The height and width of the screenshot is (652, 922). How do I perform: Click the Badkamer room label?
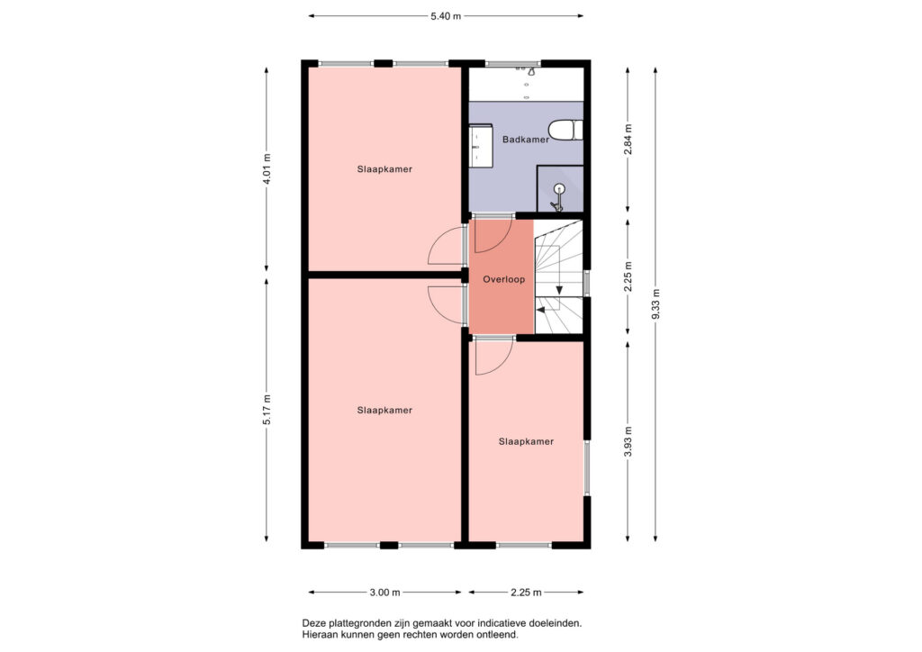point(526,140)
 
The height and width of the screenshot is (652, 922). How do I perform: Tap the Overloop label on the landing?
point(504,279)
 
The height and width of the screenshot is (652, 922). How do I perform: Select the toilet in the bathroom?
point(565,131)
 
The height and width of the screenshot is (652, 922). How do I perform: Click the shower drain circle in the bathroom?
point(558,189)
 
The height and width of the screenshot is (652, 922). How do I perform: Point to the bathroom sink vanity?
point(481,146)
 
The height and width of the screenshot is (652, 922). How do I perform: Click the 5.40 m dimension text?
point(446,16)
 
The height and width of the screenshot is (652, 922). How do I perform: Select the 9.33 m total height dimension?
point(656,304)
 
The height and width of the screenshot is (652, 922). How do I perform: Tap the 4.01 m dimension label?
point(267,169)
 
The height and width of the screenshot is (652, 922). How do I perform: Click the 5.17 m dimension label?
point(267,410)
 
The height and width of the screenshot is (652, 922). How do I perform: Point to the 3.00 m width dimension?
point(385,593)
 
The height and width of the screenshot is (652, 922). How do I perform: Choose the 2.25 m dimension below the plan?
point(526,593)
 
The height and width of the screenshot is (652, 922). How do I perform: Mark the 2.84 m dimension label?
point(628,140)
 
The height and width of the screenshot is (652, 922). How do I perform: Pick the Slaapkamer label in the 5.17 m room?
point(384,411)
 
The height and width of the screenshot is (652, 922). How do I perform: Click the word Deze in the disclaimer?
point(313,622)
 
